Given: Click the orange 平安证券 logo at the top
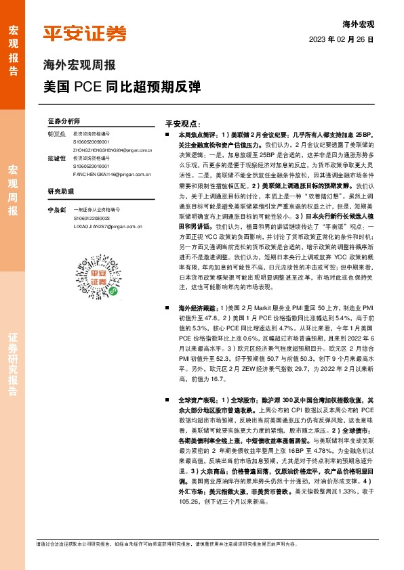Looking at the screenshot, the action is [x=84, y=33].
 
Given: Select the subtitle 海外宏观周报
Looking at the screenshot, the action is [x=79, y=66].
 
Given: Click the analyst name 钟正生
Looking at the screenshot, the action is [x=56, y=134].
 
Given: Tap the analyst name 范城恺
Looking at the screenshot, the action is [x=56, y=158].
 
